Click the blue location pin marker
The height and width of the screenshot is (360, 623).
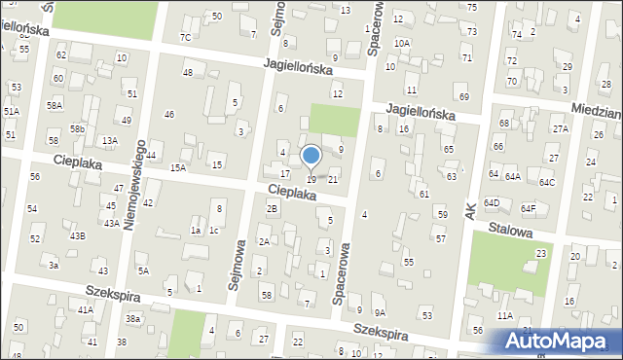click(311, 156)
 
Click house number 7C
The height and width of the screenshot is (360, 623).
click(185, 37)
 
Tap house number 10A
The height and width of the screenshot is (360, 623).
click(402, 43)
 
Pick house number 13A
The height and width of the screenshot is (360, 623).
click(110, 140)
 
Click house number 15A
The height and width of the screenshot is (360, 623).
click(178, 167)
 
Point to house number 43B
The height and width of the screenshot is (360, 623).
click(77, 235)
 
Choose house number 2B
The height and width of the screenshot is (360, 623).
click(273, 208)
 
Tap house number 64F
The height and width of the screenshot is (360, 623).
click(529, 208)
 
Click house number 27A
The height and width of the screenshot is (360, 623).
click(560, 128)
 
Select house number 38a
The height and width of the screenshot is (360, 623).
click(132, 319)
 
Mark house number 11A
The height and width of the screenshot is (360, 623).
click(504, 315)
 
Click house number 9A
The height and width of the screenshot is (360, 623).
click(381, 312)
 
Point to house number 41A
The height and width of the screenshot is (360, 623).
click(86, 309)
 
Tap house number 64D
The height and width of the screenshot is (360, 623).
click(493, 202)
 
